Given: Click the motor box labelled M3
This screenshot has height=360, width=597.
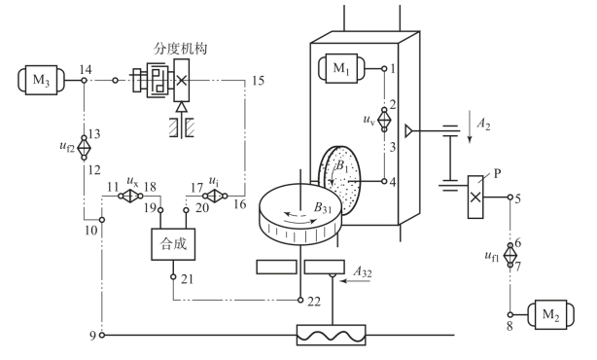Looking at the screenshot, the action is pos(41,80).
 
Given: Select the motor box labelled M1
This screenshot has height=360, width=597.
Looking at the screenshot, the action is pos(341,68).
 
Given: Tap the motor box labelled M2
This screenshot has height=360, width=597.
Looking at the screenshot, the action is pos(551,314).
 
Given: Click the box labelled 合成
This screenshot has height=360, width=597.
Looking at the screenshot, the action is pos(173,244).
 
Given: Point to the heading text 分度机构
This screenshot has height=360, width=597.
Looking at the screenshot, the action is pos(181,49).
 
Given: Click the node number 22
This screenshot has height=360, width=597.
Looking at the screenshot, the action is pos(314,302).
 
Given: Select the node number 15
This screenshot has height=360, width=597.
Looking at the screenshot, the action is pos(258,81).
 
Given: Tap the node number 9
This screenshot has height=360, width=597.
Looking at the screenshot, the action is pos(92,336).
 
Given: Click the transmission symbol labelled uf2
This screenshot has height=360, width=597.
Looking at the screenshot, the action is pos(85,148).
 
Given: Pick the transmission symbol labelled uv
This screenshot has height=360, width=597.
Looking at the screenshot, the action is pos(384,120).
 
